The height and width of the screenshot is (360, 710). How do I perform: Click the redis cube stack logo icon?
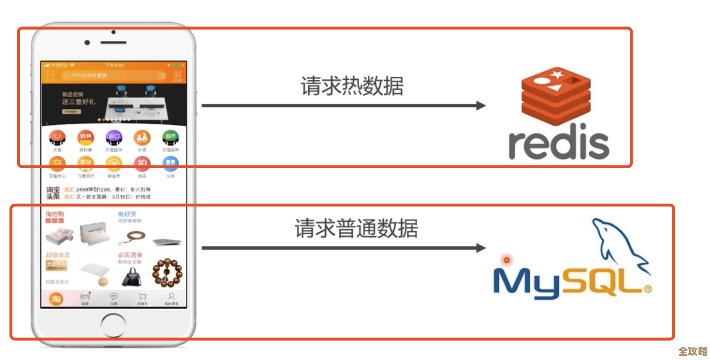(x=556, y=97)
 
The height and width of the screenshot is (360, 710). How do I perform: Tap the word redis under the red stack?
(x=559, y=142)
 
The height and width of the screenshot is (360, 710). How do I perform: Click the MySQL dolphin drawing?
(x=618, y=247)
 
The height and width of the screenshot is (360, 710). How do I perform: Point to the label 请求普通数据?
(x=356, y=229)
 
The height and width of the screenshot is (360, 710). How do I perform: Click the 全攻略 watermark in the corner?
(x=693, y=352)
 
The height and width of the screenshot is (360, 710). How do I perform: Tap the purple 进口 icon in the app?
(x=114, y=138)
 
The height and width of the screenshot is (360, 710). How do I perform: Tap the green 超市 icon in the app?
(x=170, y=138)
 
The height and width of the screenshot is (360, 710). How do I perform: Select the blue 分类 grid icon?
(x=170, y=164)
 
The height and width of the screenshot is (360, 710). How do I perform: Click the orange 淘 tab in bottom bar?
(x=56, y=299)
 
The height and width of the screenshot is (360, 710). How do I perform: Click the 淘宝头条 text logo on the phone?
(x=53, y=193)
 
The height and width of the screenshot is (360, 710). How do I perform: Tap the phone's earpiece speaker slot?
(x=113, y=42)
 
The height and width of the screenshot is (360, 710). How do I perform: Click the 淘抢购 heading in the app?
(x=55, y=214)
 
